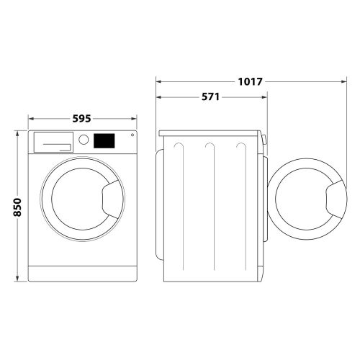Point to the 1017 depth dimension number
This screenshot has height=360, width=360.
(x=250, y=81)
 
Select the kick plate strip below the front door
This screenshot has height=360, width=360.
(x=83, y=274)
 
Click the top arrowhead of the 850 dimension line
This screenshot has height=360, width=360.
(x=18, y=132)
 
